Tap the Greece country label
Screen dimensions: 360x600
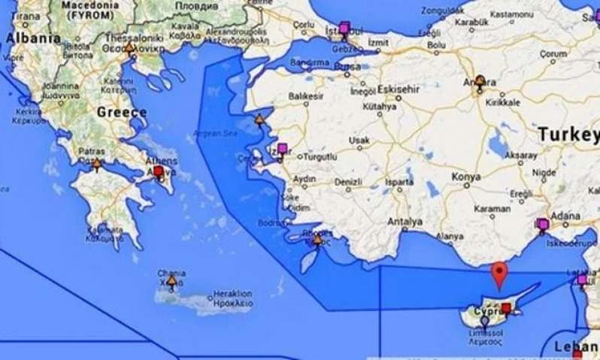pyautogui.click(x=122, y=112)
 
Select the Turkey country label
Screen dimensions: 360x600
pyautogui.click(x=568, y=135)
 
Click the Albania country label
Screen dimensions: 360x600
pyautogui.click(x=33, y=38)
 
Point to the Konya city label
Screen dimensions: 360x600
pyautogui.click(x=466, y=177)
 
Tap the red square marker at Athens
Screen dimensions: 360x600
pyautogui.click(x=158, y=171)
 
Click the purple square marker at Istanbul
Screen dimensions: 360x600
pyautogui.click(x=344, y=29)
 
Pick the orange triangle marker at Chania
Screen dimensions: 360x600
pyautogui.click(x=172, y=281)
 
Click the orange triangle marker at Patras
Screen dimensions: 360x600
pyautogui.click(x=96, y=162)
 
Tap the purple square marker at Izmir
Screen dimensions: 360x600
pyautogui.click(x=283, y=148)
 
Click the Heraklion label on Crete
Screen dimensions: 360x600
pyautogui.click(x=232, y=293)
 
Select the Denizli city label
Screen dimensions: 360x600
pyautogui.click(x=349, y=182)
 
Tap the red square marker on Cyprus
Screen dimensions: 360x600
pyautogui.click(x=506, y=307)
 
